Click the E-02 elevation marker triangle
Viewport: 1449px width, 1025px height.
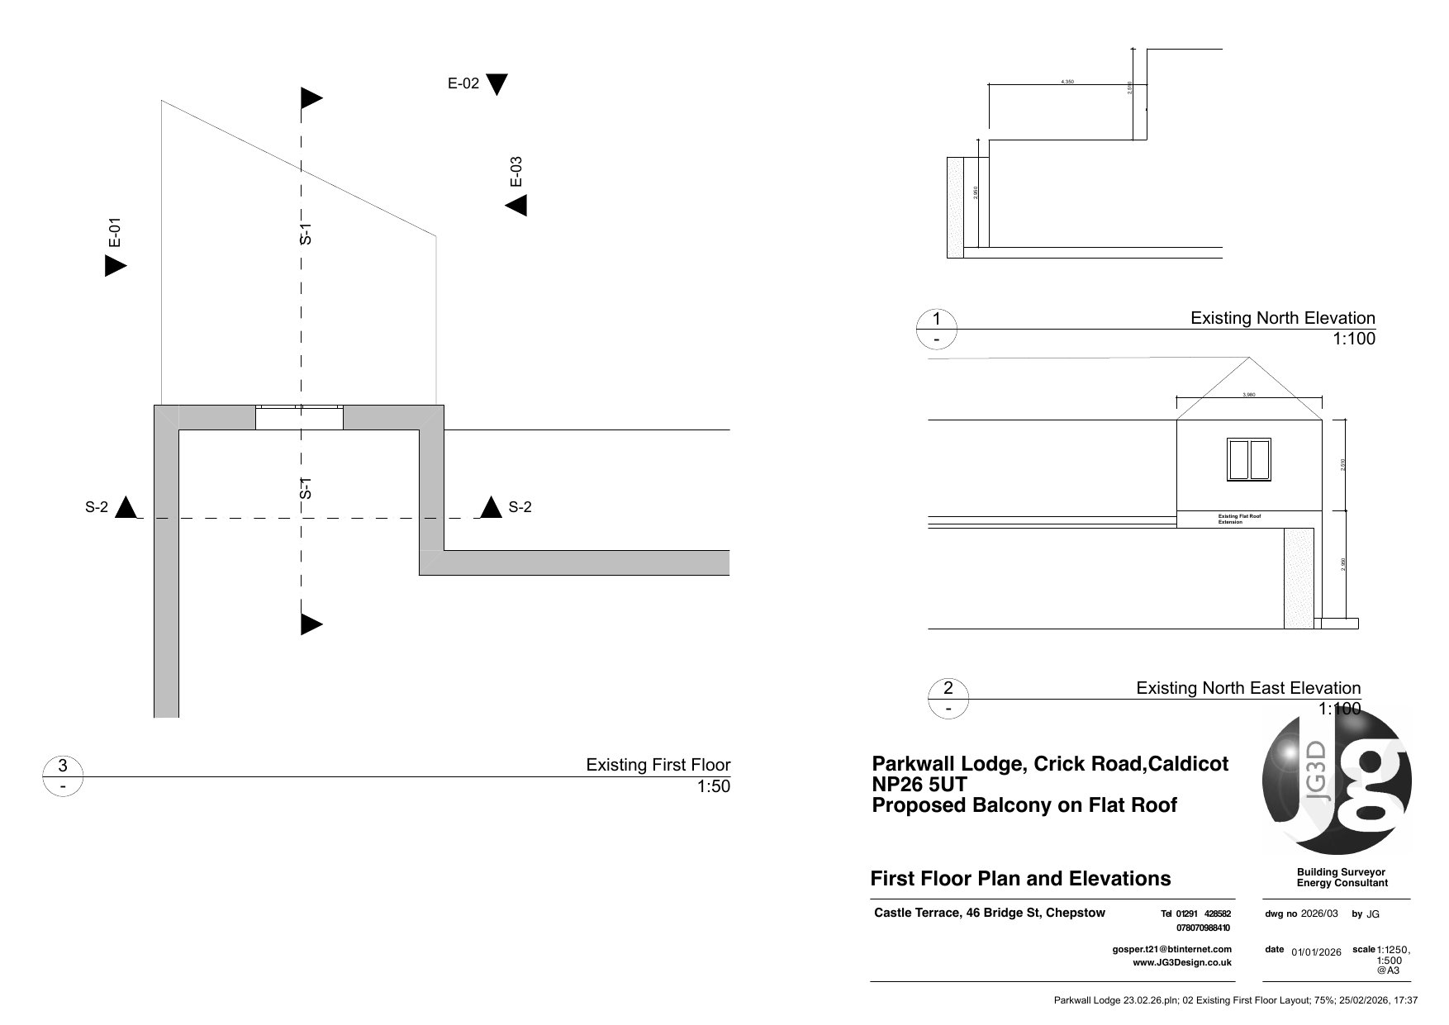(496, 84)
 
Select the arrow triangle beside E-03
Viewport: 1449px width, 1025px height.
(517, 206)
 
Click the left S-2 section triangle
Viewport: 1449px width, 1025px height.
(126, 507)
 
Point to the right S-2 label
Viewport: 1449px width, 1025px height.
(520, 507)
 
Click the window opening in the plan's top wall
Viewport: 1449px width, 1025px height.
(298, 418)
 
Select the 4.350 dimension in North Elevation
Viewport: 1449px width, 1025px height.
(1067, 82)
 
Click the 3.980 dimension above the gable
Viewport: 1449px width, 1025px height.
(1249, 395)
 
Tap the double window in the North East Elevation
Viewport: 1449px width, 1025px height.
(1248, 460)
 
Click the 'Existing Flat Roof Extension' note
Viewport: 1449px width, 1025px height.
(1239, 520)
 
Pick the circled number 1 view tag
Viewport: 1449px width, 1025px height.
(937, 320)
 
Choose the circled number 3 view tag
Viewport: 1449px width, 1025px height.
(63, 766)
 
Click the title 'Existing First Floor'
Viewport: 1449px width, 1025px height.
(658, 765)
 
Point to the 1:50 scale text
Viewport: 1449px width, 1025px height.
(714, 786)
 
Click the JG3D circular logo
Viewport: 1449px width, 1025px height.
(1337, 781)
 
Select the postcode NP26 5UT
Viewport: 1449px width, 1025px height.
(919, 784)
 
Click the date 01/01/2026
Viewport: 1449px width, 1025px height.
(1316, 952)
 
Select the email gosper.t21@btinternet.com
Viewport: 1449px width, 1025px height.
(1171, 950)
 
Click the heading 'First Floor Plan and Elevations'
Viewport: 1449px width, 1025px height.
(1020, 879)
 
